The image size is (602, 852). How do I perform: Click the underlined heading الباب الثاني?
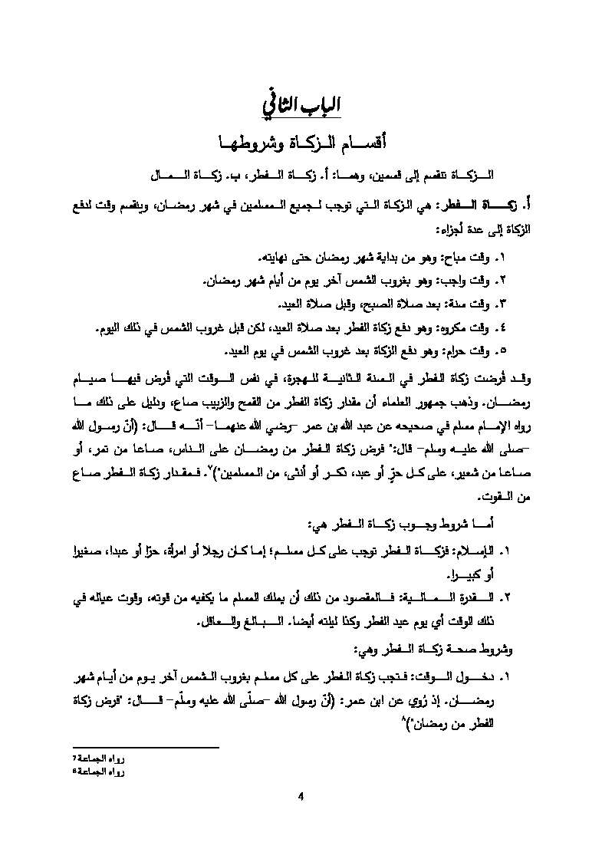tap(301, 106)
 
